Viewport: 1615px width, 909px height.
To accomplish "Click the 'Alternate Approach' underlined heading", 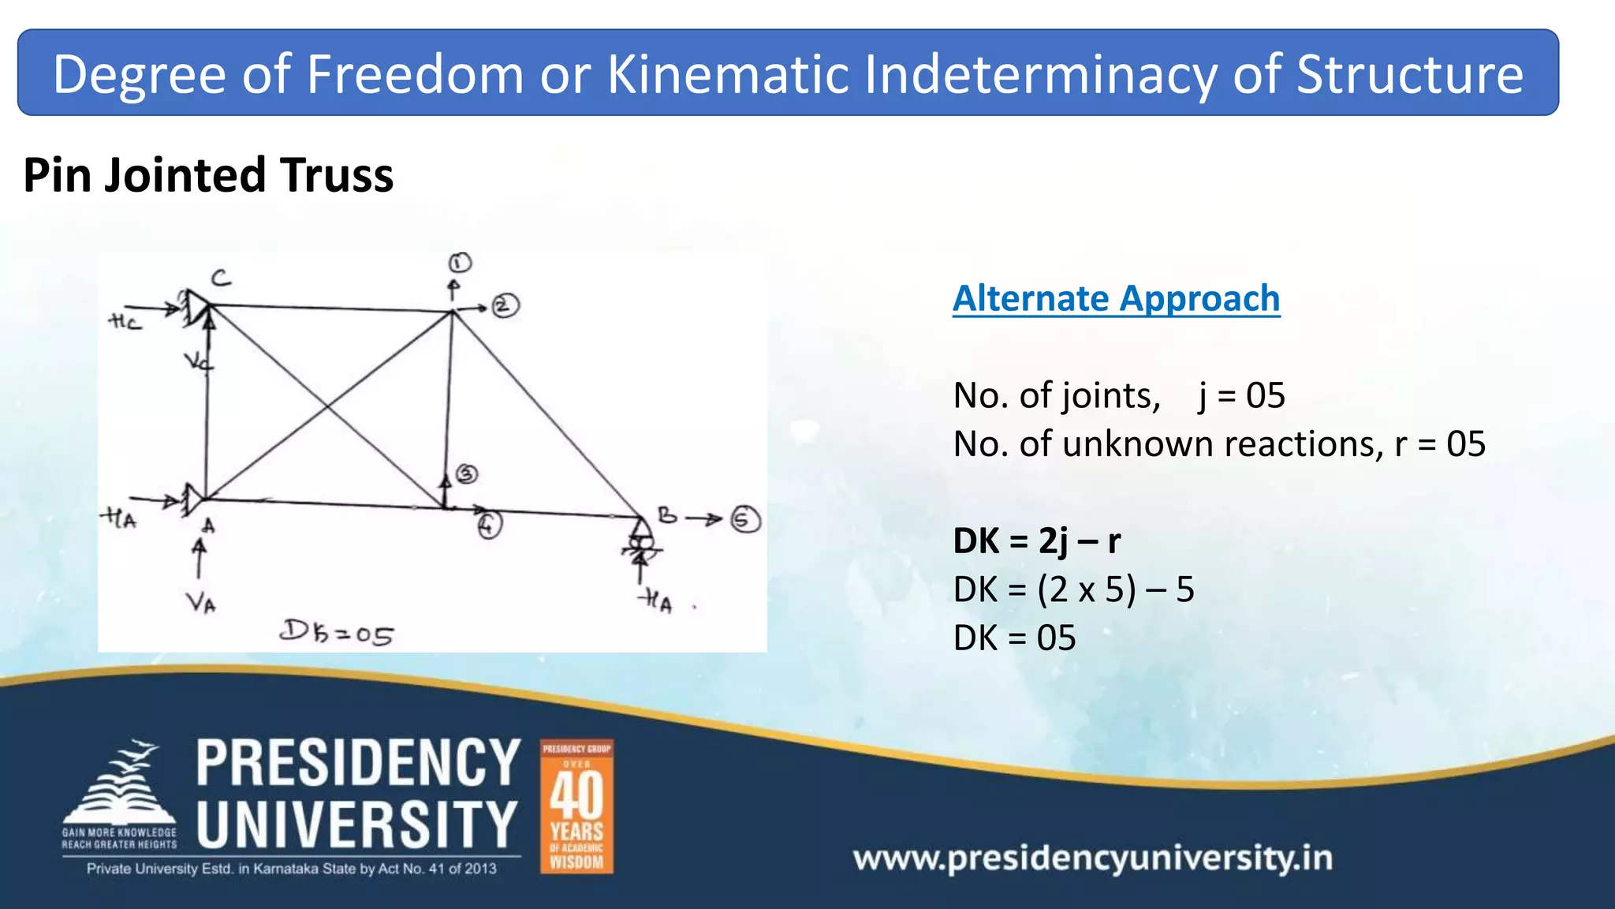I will click(x=1116, y=299).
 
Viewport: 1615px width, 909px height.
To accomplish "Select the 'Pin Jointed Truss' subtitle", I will click(x=208, y=175).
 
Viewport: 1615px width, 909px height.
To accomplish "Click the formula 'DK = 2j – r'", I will click(x=1036, y=541).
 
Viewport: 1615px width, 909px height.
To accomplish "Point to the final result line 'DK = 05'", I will click(x=1014, y=638).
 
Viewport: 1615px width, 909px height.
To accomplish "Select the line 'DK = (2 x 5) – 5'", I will click(x=1073, y=589).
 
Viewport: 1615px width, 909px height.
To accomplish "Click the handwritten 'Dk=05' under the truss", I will click(x=337, y=633).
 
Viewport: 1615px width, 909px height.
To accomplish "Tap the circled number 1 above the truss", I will click(x=460, y=263).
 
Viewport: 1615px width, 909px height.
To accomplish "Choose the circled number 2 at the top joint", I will click(x=505, y=305).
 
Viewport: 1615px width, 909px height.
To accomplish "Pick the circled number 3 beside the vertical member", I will click(x=468, y=473).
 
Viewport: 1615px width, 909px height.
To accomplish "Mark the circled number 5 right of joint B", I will click(x=745, y=519).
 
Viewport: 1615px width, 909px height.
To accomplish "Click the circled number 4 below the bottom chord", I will click(x=490, y=525).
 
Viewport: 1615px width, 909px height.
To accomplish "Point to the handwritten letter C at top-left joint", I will click(x=222, y=278).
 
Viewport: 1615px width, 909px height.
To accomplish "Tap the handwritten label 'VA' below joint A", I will click(x=201, y=604).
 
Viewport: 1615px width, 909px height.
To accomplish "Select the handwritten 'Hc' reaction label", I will click(x=125, y=322).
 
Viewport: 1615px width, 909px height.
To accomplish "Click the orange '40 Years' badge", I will click(x=576, y=806).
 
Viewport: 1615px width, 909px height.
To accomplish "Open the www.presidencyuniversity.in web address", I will click(x=1092, y=858).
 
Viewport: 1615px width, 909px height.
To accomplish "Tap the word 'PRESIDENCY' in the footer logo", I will click(x=358, y=763).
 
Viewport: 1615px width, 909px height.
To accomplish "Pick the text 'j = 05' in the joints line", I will click(x=1241, y=396).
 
